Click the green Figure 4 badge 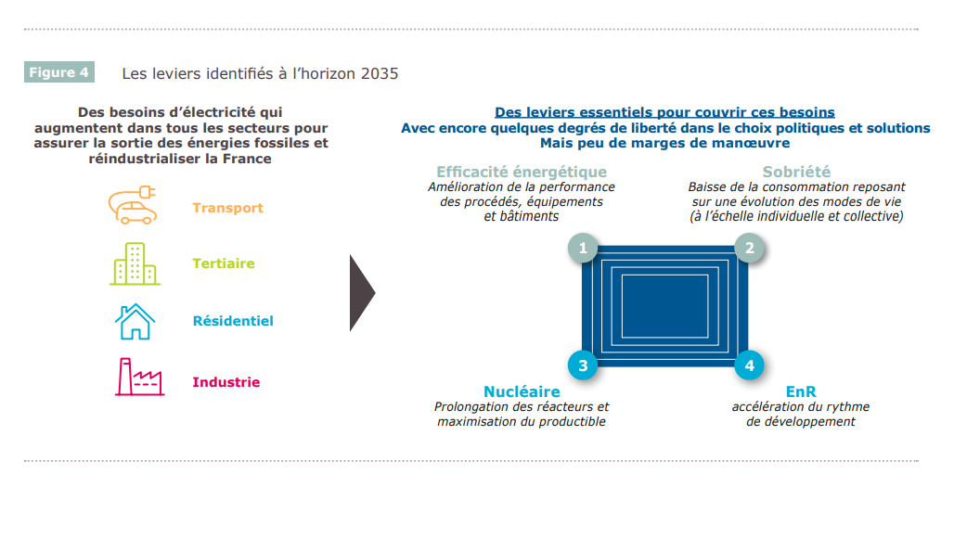(x=59, y=72)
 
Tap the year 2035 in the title (x=380, y=73)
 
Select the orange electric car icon (x=133, y=205)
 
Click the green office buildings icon (x=135, y=263)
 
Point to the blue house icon (x=135, y=321)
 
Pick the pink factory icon (x=139, y=377)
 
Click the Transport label (x=227, y=209)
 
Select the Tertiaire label (x=224, y=263)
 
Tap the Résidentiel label (x=233, y=320)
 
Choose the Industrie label (x=226, y=382)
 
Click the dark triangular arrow (x=362, y=293)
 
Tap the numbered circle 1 (x=583, y=249)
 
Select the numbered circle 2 (x=749, y=249)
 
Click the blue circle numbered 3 (x=583, y=365)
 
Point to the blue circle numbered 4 (x=749, y=365)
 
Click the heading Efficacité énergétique (x=522, y=172)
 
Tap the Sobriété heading (x=796, y=172)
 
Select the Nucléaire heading (x=522, y=391)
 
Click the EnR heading (x=801, y=391)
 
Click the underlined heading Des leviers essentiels (x=664, y=112)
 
